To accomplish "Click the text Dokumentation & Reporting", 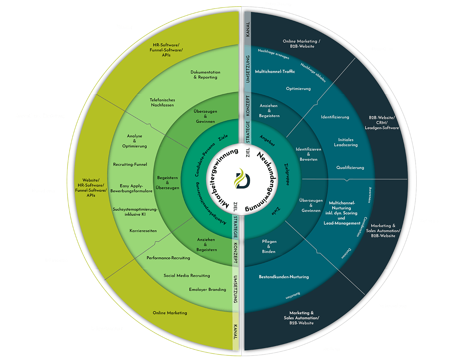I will coord(206,75).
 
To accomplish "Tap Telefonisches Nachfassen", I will coord(162,102).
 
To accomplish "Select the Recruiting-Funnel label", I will coord(130,164).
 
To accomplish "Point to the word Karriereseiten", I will coord(143,231).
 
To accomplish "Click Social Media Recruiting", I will coord(187,275).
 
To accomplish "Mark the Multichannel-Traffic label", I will coord(275,71).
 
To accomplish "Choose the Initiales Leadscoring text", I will coord(346,142).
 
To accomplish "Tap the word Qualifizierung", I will coord(350,167).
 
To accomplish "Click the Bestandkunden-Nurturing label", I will coord(284,277).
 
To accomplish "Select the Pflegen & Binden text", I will coord(269,247).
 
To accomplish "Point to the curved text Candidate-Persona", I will coord(205,160).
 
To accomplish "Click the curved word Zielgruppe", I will coord(287,174).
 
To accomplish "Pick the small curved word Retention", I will coord(293,295).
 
